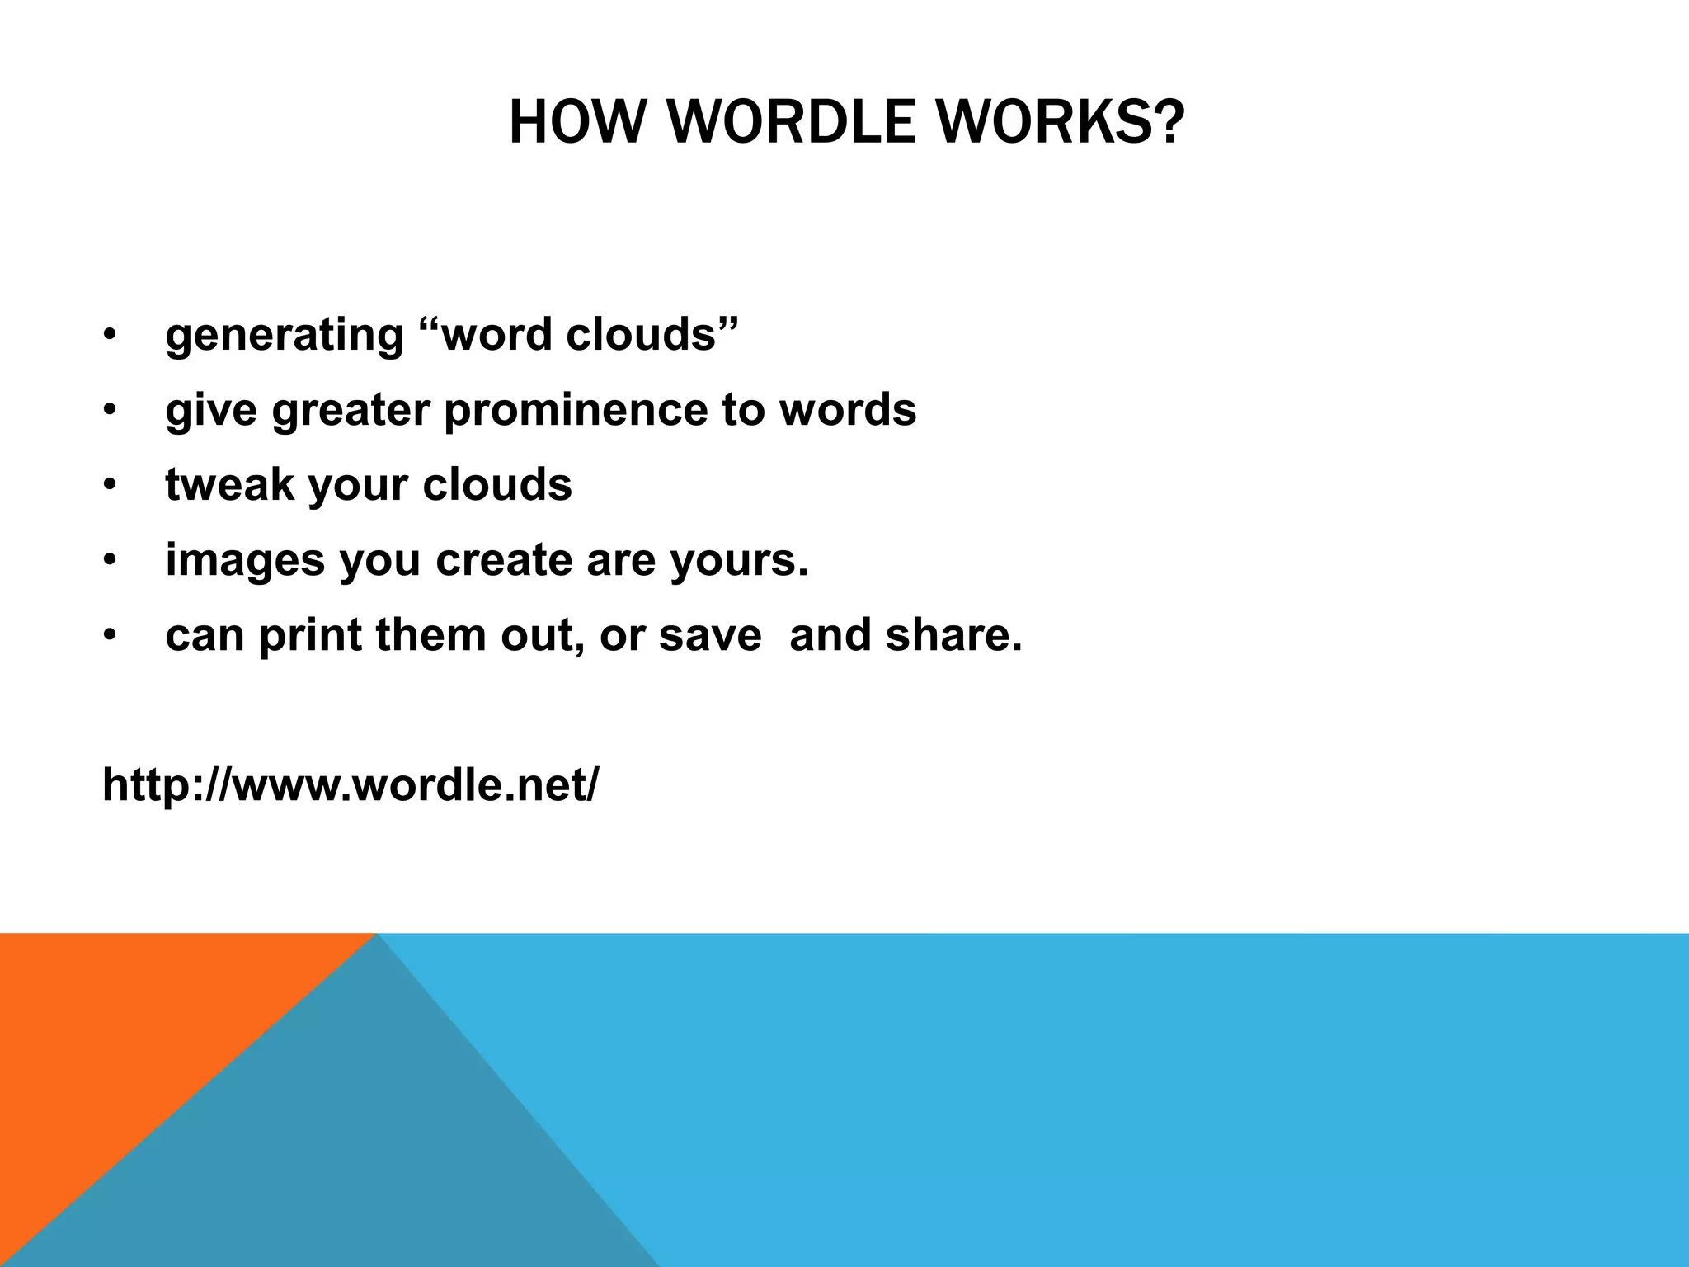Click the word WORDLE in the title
click(791, 122)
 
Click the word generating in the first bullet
click(285, 336)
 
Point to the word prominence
click(575, 410)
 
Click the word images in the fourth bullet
click(245, 560)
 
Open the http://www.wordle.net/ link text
click(351, 784)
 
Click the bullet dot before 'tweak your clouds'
click(110, 486)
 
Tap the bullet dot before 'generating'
click(110, 336)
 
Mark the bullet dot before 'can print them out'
click(110, 636)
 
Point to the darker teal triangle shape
click(371, 1155)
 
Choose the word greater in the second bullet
click(351, 410)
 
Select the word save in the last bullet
click(710, 635)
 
